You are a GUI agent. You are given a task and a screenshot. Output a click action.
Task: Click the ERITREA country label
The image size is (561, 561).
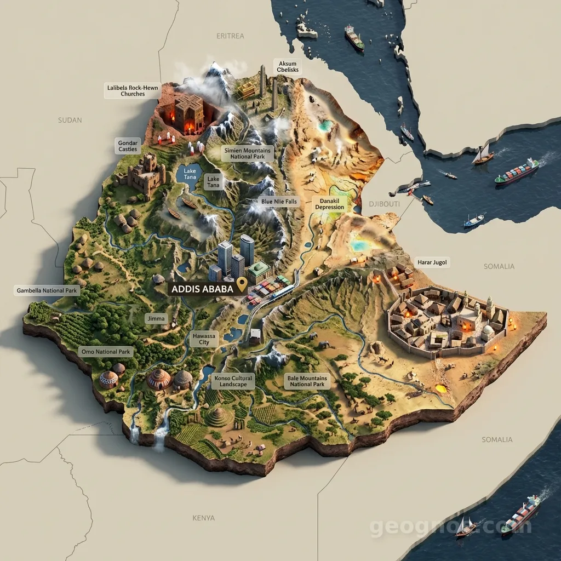(x=230, y=36)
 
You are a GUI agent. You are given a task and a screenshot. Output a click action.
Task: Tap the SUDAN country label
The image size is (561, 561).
(x=70, y=120)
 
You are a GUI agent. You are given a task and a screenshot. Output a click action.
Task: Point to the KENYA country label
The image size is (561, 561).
(x=204, y=518)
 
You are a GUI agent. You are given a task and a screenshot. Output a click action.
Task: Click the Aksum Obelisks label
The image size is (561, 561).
(x=288, y=67)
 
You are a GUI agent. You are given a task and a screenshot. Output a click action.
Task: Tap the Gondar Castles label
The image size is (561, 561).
(x=128, y=146)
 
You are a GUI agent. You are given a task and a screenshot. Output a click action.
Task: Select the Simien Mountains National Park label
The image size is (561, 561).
(x=247, y=153)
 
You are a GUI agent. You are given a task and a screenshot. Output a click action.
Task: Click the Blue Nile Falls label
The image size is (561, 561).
(x=279, y=202)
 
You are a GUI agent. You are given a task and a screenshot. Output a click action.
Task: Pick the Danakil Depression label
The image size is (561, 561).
(x=330, y=204)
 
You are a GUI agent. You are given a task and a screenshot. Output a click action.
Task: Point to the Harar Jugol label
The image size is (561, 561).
(x=432, y=262)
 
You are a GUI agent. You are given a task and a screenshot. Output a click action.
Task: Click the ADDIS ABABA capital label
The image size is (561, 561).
(x=202, y=289)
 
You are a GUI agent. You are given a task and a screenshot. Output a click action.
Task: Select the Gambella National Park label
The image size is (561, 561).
(x=47, y=290)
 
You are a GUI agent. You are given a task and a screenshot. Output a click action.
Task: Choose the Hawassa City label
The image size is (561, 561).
(x=204, y=339)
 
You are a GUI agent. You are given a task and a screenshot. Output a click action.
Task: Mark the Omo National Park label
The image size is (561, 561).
(x=105, y=351)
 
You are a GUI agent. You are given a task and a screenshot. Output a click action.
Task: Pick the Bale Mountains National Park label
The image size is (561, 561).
(x=307, y=381)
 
